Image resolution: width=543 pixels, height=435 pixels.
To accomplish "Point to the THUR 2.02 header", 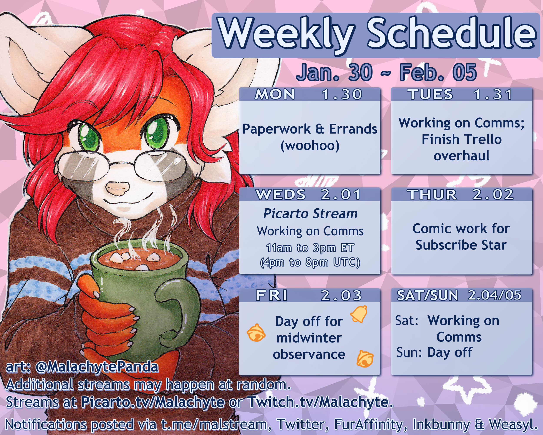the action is click(461, 194).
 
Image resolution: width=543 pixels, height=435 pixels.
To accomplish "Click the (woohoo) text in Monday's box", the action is click(310, 146).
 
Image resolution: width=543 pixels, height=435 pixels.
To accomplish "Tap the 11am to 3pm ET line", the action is click(310, 248).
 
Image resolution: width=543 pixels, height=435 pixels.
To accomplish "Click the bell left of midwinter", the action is click(256, 332).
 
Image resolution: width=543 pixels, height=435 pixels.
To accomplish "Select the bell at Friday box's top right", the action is click(359, 314).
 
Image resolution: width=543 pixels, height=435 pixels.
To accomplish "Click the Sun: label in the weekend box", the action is click(409, 352).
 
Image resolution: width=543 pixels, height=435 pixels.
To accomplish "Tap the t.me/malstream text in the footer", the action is click(214, 424).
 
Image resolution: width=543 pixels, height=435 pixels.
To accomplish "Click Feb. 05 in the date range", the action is click(438, 73).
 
